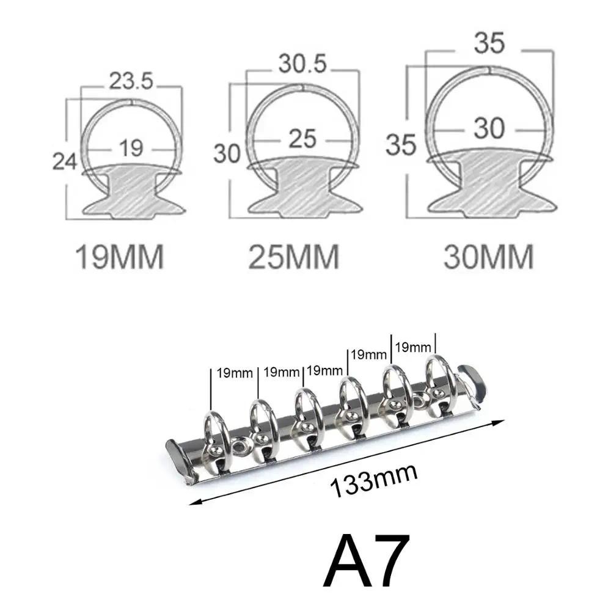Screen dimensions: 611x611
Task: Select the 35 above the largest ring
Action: (x=489, y=43)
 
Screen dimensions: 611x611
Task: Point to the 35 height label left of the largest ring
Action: (x=401, y=145)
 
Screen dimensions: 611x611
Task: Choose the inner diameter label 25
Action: (x=303, y=139)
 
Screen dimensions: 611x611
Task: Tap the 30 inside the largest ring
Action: (x=489, y=129)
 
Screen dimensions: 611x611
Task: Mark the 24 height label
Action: (x=64, y=161)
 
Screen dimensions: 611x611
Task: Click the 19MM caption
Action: (x=120, y=257)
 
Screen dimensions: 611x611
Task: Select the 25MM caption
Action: (x=295, y=257)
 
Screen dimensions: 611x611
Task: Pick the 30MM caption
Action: (x=489, y=257)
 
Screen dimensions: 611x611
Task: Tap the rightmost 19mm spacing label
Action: (x=413, y=347)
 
